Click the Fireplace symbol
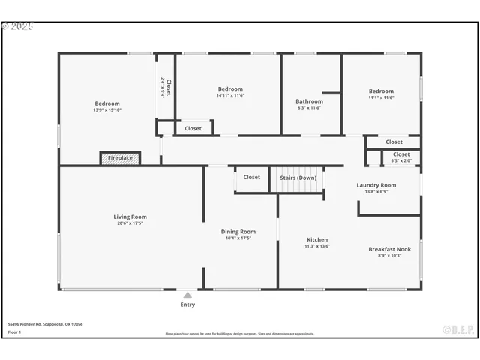pos(120,158)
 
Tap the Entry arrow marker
pos(187,295)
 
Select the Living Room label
pos(130,217)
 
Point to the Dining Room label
pos(238,232)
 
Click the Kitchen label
pos(317,239)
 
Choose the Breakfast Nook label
pos(389,249)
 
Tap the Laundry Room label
pos(376,185)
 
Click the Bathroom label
pos(309,101)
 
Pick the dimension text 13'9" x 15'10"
pos(106,110)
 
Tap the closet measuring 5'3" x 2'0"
pos(401,157)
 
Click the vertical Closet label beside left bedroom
pos(169,88)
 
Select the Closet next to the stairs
pos(252,178)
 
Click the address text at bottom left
pos(46,324)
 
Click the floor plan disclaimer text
pos(240,334)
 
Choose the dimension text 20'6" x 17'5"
pos(130,223)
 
